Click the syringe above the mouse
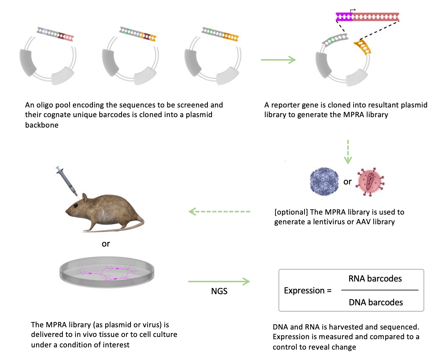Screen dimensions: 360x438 tap(66, 181)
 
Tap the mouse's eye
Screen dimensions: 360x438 tap(75, 205)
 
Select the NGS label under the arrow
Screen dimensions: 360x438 tap(219, 292)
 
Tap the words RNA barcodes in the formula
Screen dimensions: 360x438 tap(375, 279)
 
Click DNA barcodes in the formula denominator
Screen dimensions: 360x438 tap(376, 302)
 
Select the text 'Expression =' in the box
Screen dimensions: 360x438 tap(307, 290)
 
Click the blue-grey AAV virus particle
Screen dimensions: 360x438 tap(323, 182)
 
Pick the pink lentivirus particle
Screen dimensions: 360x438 tap(369, 182)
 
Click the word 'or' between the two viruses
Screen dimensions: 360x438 tap(347, 182)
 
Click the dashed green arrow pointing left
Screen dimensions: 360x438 tap(219, 212)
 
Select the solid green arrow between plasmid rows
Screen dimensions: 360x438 tap(278, 60)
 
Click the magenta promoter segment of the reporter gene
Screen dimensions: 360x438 tap(344, 16)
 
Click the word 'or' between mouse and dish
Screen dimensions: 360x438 tap(106, 244)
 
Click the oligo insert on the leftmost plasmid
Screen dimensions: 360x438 tap(55, 34)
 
